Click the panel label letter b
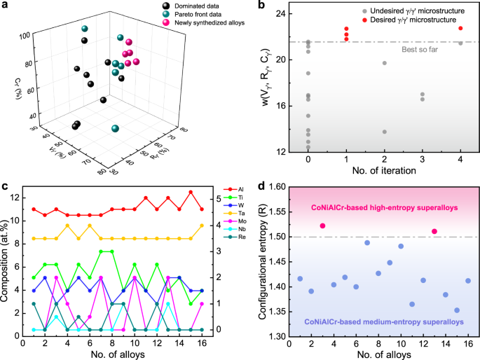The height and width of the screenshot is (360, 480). (263, 8)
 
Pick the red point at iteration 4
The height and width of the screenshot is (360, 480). (460, 28)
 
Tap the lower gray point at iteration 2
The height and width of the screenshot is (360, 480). (384, 132)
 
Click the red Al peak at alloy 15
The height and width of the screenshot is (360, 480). (191, 192)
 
